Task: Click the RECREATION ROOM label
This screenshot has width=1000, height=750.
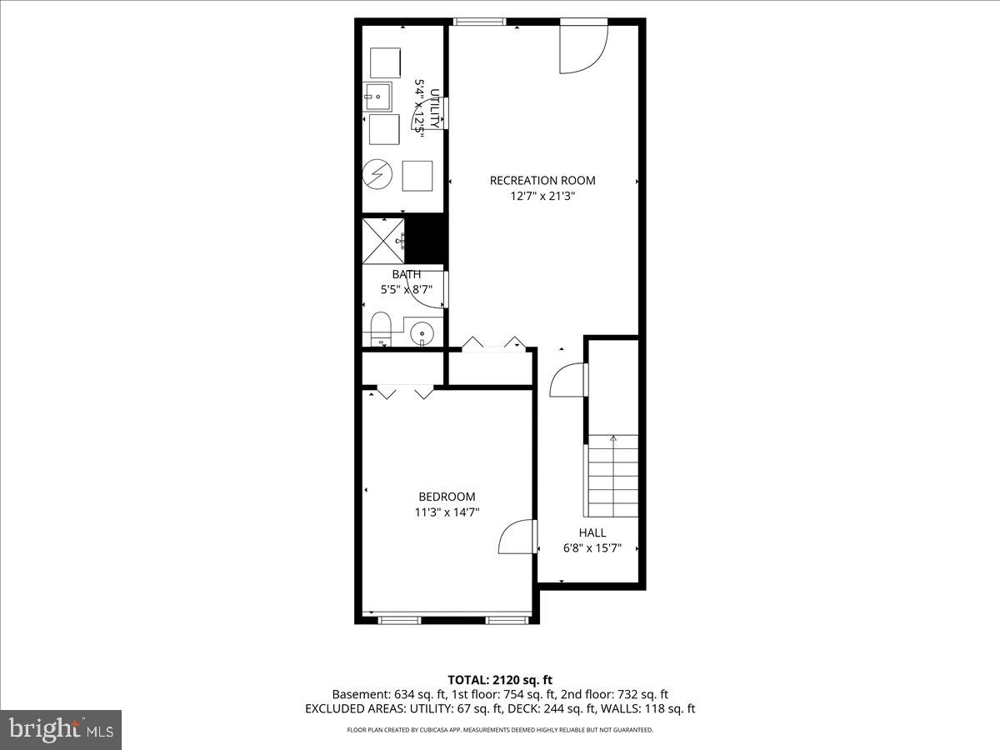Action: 542,180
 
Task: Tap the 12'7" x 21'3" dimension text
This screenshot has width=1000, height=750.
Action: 542,197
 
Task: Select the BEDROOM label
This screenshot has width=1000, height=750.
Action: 447,497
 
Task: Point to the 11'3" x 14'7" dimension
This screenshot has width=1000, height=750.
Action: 447,513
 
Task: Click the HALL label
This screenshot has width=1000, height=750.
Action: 592,532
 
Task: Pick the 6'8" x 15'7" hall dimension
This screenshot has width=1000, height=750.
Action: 592,548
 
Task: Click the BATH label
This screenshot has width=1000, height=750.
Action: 407,274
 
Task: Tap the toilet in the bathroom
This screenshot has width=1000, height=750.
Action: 380,328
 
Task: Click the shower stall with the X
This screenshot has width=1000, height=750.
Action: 383,241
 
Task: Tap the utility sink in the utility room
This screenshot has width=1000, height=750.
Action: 377,97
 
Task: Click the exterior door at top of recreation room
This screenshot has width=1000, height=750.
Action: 584,46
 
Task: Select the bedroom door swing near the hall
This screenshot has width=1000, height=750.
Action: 516,537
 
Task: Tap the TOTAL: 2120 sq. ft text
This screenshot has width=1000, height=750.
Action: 499,680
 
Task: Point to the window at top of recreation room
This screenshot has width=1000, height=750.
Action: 479,22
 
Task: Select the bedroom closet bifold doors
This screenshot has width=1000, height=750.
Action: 405,391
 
